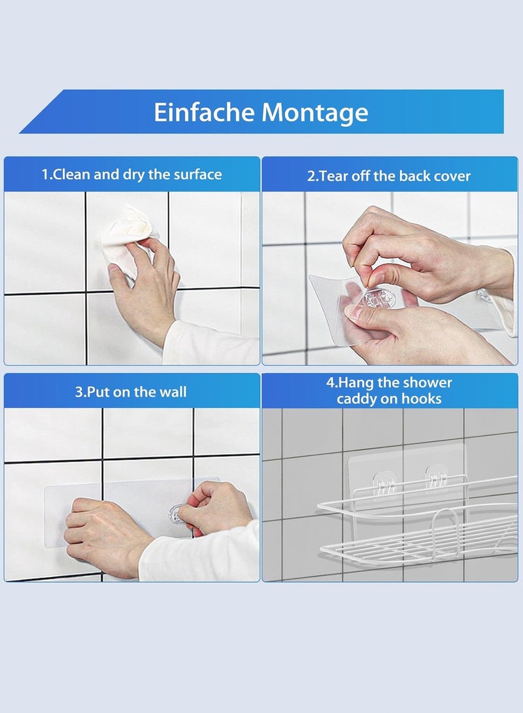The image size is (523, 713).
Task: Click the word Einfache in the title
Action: [x=205, y=112]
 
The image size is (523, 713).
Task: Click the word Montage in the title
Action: [x=314, y=113]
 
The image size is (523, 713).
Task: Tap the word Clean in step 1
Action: [x=72, y=174]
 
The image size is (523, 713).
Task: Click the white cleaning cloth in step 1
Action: [x=127, y=239]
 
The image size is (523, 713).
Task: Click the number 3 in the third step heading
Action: [x=78, y=392]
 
